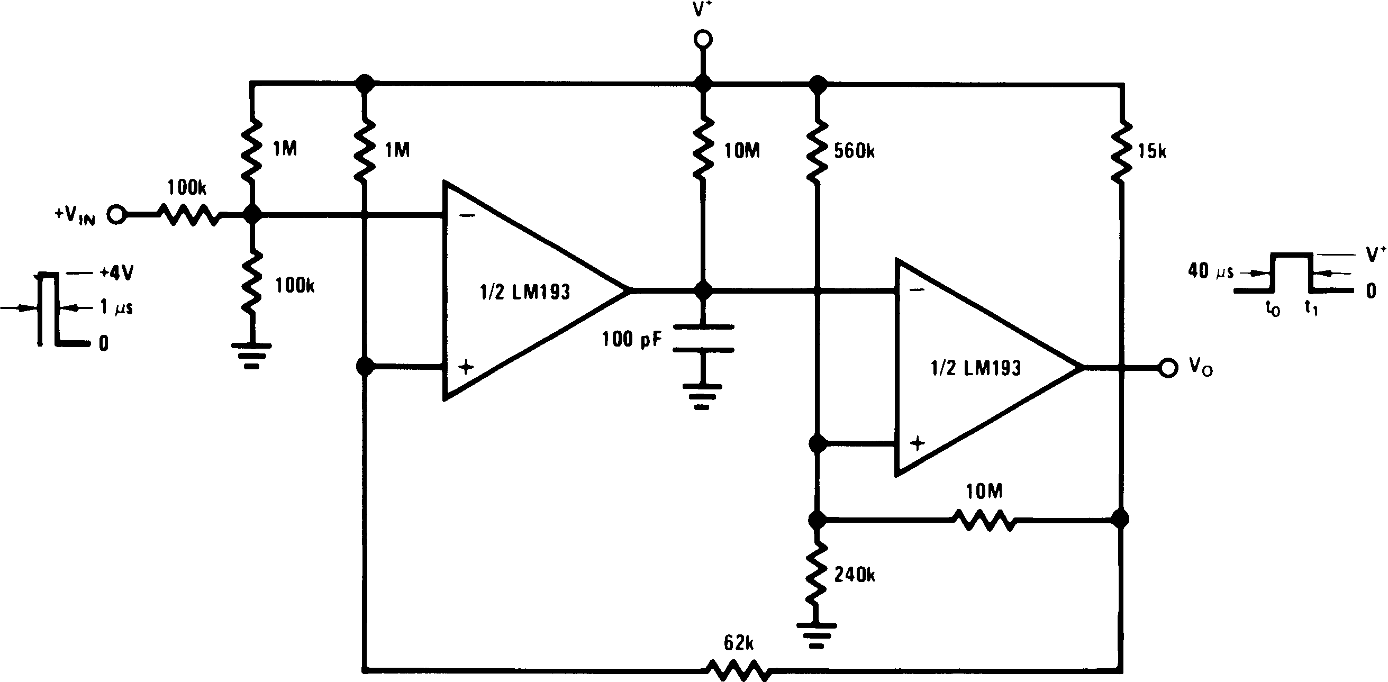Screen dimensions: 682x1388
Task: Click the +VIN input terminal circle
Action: [x=116, y=215]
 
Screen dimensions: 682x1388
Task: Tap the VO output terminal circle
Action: [x=1168, y=368]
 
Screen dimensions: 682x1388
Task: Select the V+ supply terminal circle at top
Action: [x=703, y=39]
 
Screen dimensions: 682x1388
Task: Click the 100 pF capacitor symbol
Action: [x=703, y=338]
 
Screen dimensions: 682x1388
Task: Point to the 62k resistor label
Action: [x=738, y=643]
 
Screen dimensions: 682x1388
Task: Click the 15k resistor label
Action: [x=1151, y=152]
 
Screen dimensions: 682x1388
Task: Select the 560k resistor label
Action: [x=854, y=151]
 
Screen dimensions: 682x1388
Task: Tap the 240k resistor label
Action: [x=854, y=575]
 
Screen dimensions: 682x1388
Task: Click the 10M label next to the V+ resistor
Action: [x=741, y=151]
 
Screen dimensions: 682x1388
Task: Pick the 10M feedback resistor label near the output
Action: [x=984, y=492]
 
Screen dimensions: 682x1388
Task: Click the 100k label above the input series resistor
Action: [x=186, y=188]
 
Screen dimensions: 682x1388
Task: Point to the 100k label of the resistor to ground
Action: [x=295, y=286]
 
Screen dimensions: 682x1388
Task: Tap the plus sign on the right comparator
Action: [x=917, y=443]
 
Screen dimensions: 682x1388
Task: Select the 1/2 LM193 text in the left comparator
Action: [x=524, y=292]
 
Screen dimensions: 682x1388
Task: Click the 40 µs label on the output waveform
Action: [x=1210, y=271]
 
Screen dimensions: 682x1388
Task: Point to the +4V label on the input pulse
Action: [x=117, y=273]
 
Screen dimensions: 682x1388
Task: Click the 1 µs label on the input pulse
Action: [x=116, y=307]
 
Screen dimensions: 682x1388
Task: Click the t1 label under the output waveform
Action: [x=1311, y=308]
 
